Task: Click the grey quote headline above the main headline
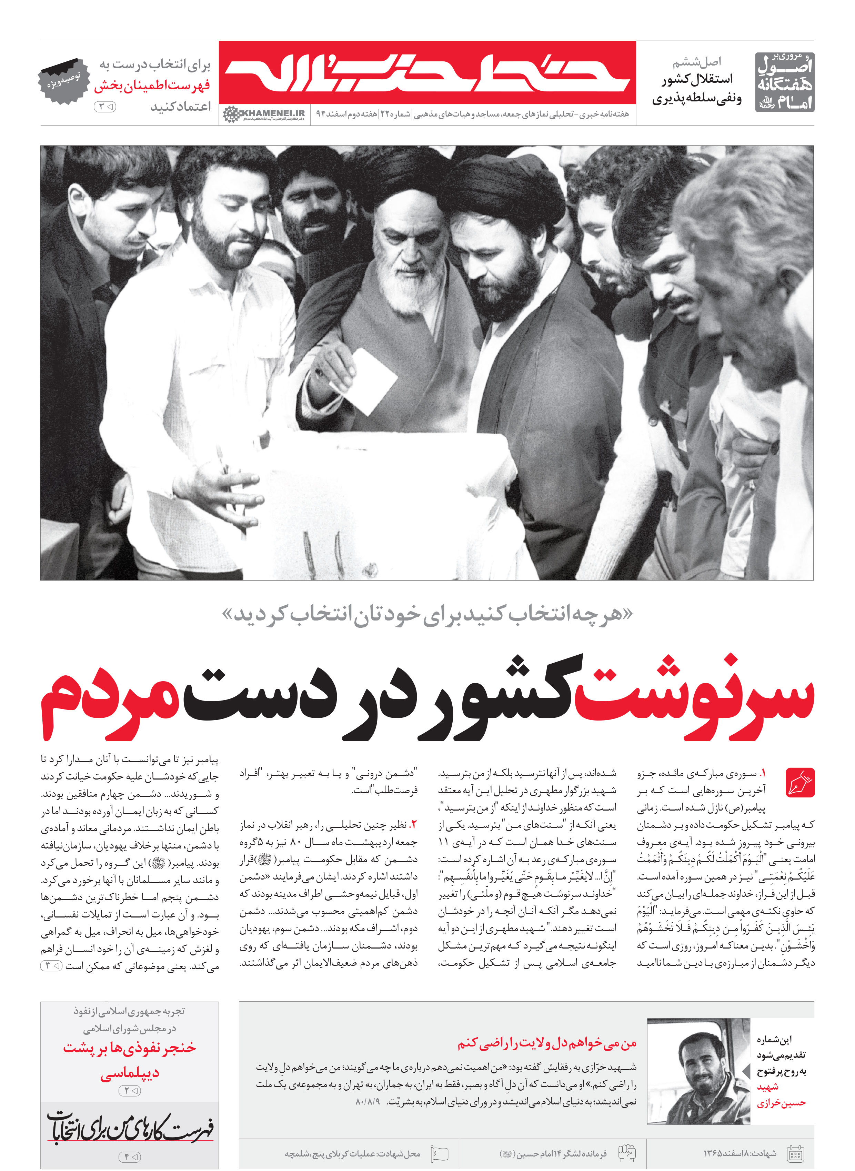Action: pos(427,615)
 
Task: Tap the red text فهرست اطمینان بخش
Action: pos(152,86)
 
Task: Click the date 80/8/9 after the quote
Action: pos(368,1102)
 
